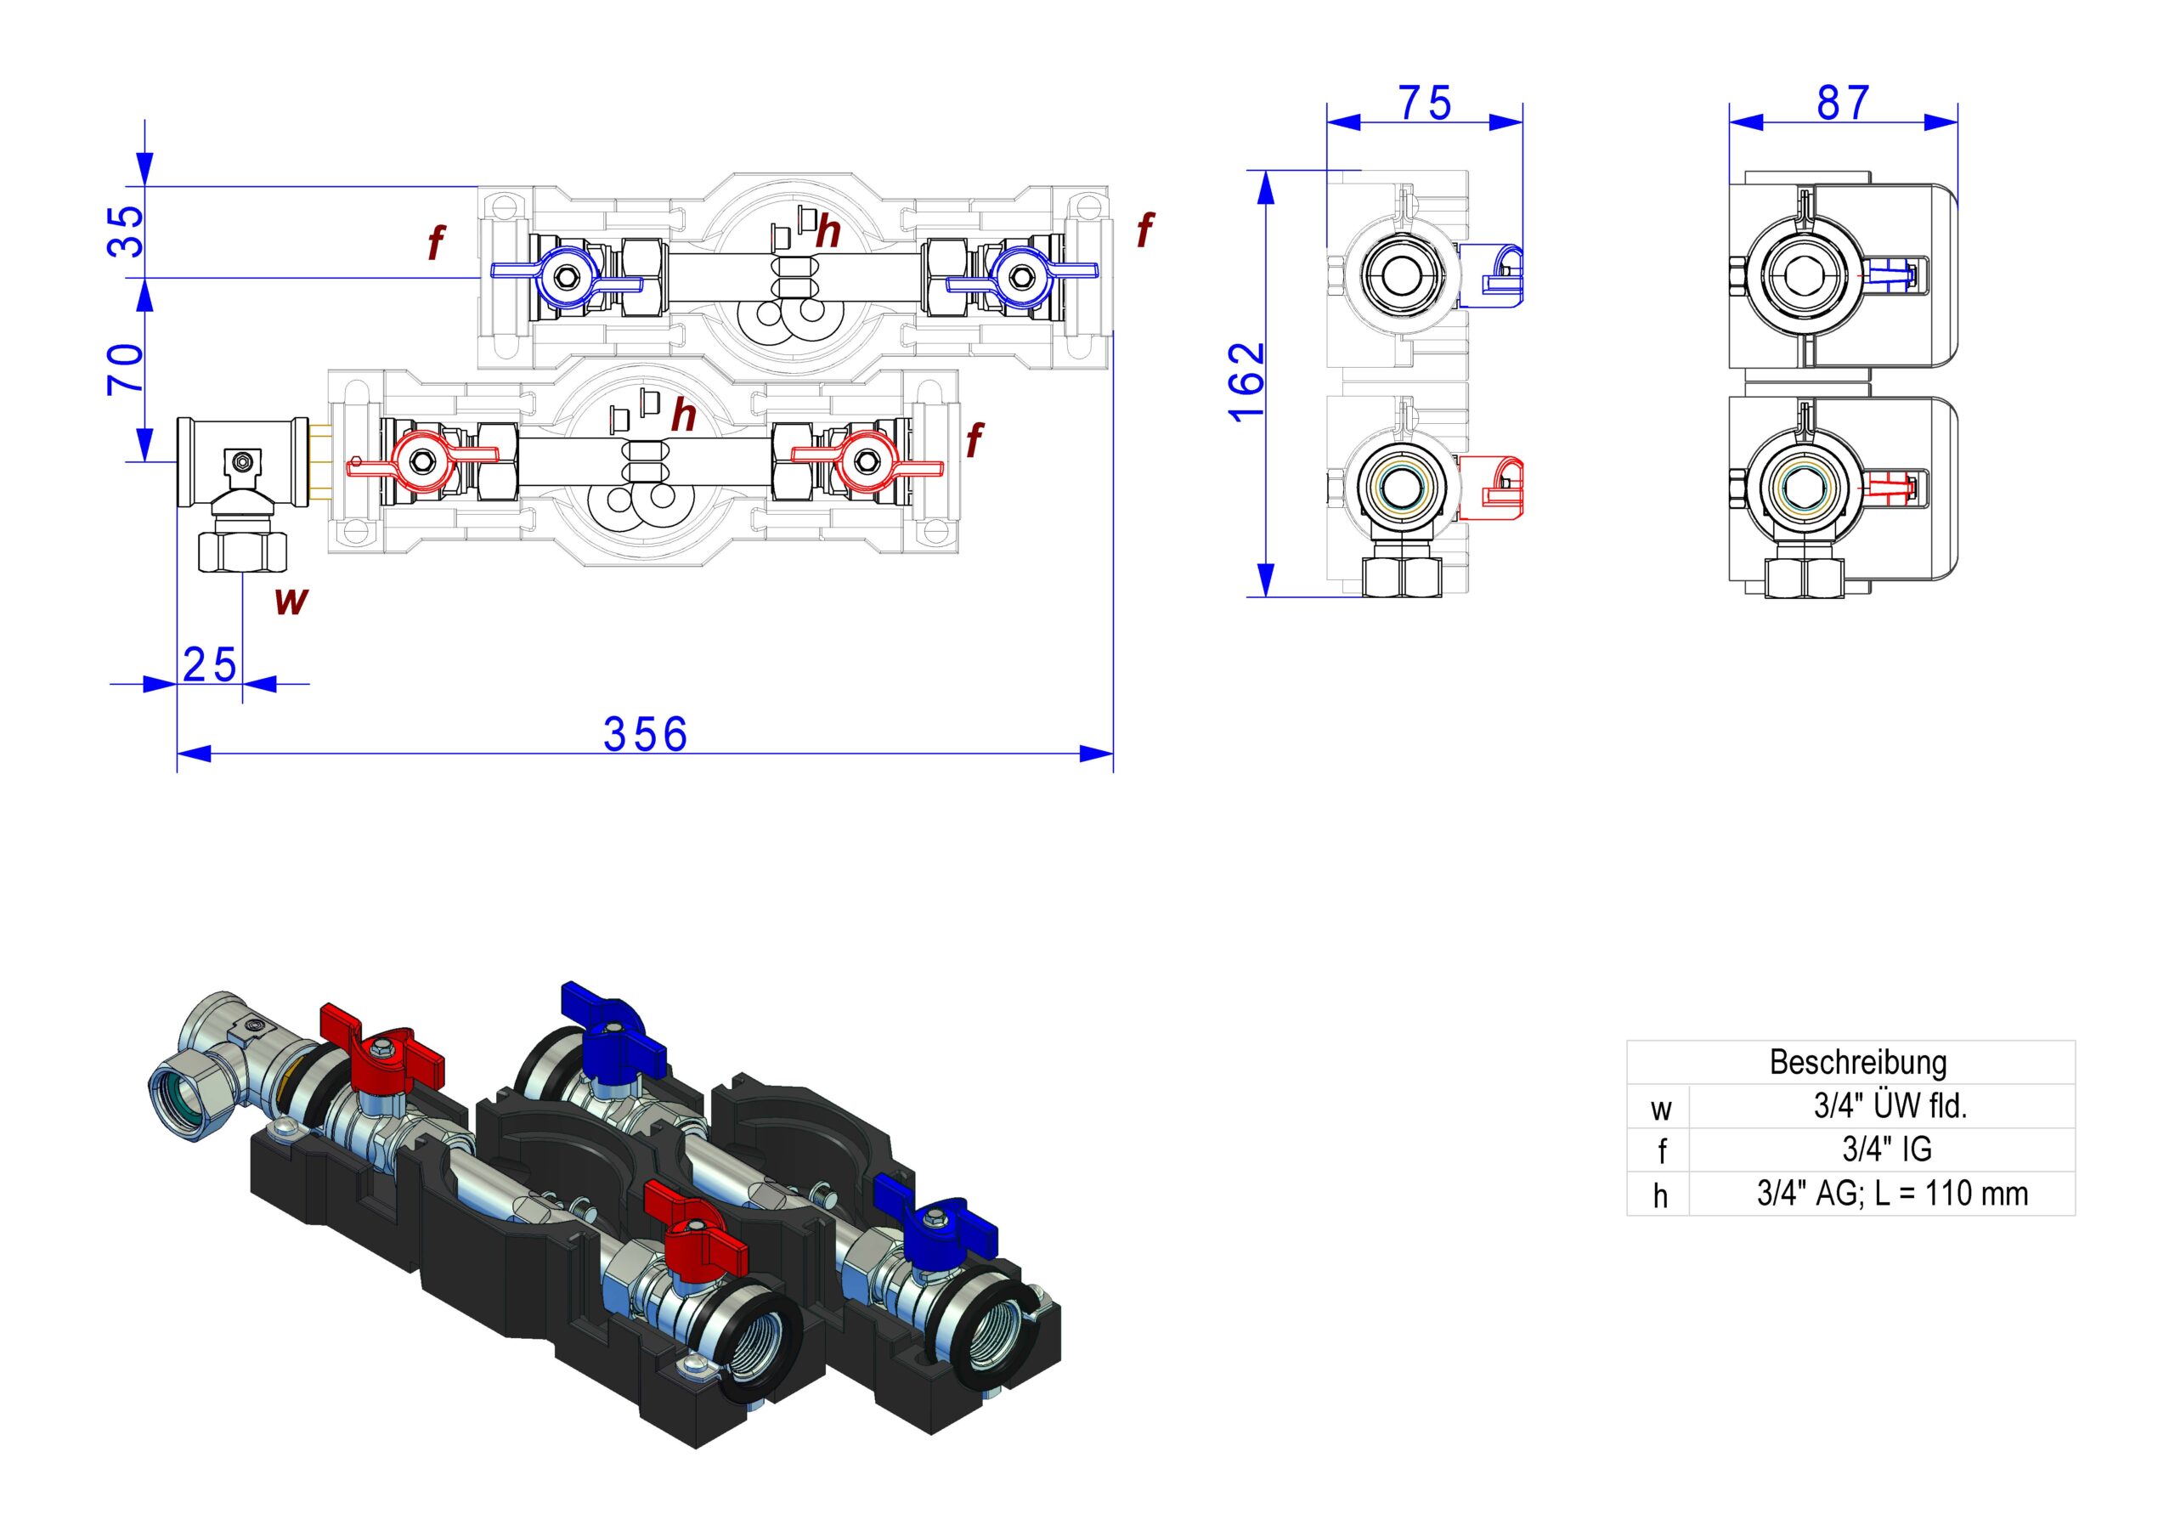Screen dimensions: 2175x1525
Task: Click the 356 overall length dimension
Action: pyautogui.click(x=645, y=734)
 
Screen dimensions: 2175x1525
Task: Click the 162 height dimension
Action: pyautogui.click(x=1246, y=381)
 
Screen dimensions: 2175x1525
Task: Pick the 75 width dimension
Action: pyautogui.click(x=1425, y=104)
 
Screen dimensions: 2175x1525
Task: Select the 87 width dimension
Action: pyautogui.click(x=1843, y=104)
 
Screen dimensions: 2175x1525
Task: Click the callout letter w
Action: pyautogui.click(x=291, y=601)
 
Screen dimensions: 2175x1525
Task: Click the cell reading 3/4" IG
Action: pyautogui.click(x=1886, y=1149)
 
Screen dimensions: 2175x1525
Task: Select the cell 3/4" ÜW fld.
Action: pyautogui.click(x=1890, y=1105)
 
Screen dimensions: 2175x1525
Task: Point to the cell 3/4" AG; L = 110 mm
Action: pyautogui.click(x=1893, y=1194)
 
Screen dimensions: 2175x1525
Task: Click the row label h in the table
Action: pyautogui.click(x=1659, y=1195)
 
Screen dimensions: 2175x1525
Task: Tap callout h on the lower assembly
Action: pyautogui.click(x=683, y=415)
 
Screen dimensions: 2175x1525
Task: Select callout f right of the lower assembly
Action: pyautogui.click(x=974, y=440)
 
